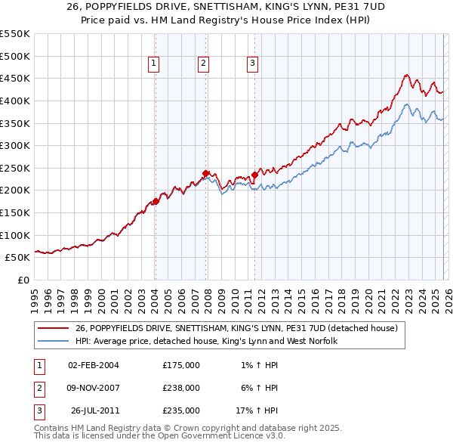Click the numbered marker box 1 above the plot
pos(154,64)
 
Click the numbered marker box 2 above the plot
pos(204,64)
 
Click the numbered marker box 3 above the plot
pos(253,64)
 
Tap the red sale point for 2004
pos(156,201)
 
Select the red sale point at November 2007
pos(205,173)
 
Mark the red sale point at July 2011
pos(254,175)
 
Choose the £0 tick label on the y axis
pos(23,280)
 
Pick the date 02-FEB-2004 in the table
pos(94,365)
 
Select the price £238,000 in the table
pos(181,388)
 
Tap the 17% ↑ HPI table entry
pos(257,411)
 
